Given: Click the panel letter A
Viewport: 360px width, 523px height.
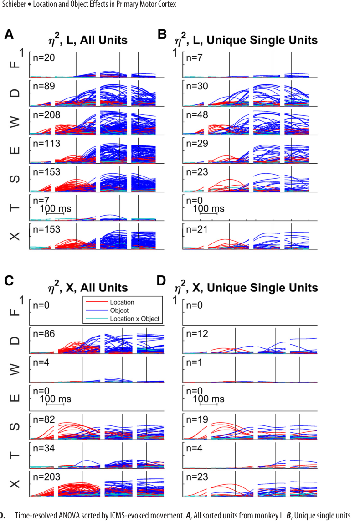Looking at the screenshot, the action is tap(9, 34).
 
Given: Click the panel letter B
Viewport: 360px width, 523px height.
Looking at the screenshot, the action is tap(162, 34).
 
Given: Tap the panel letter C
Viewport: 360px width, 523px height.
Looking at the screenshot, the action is tap(9, 280).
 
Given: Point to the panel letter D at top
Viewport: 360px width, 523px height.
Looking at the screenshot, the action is tap(161, 280).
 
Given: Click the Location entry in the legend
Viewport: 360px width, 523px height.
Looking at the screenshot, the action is tap(122, 302).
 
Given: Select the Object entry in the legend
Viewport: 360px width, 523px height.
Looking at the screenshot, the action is tap(119, 310).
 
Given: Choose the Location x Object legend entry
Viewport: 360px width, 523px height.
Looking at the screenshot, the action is tap(135, 319).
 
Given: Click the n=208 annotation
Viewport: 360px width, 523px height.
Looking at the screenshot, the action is tap(46, 115).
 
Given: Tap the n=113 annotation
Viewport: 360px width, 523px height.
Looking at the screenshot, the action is tap(46, 144).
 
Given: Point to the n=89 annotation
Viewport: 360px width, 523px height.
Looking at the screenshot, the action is tap(44, 86).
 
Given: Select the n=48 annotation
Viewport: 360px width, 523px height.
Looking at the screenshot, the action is tap(197, 115).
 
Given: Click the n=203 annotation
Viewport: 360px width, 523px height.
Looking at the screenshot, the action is tap(46, 477).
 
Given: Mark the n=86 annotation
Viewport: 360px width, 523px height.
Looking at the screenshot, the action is tap(44, 334).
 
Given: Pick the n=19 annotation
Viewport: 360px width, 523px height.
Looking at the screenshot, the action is tap(197, 419).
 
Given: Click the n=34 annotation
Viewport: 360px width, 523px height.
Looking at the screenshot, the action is tap(44, 448).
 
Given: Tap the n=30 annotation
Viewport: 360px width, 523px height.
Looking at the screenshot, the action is tap(197, 86).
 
